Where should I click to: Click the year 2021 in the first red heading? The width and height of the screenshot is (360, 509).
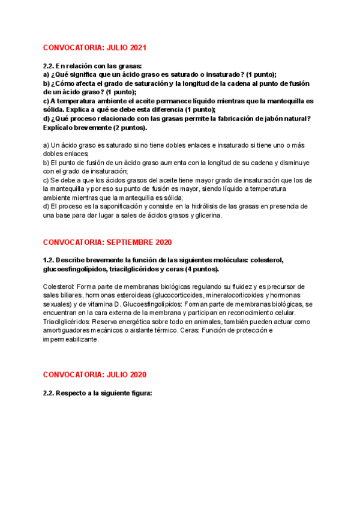click(137, 47)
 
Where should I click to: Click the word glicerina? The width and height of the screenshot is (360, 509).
click(205, 215)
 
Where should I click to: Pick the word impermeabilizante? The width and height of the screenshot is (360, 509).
click(70, 340)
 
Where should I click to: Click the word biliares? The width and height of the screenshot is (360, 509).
click(77, 295)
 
